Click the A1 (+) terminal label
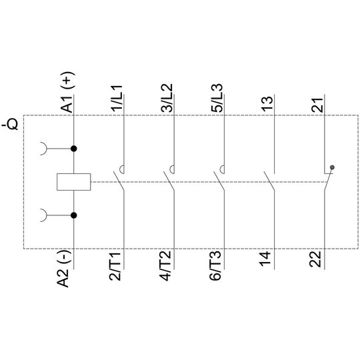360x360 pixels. [67, 92]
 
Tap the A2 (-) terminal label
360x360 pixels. [63, 269]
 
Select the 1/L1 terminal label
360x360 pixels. [117, 99]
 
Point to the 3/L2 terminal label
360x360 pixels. [167, 98]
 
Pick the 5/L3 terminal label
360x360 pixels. [217, 98]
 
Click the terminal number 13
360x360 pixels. [268, 105]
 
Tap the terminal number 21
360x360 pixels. [317, 105]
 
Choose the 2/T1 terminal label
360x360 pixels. [115, 266]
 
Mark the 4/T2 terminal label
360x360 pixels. [165, 266]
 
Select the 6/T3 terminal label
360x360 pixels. [215, 265]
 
